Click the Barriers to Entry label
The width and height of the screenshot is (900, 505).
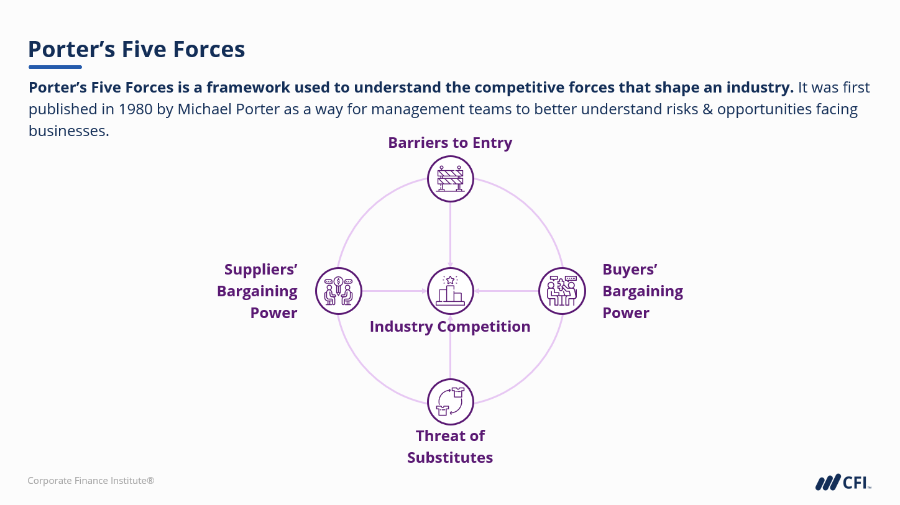pyautogui.click(x=450, y=143)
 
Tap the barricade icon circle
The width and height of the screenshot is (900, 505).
pyautogui.click(x=451, y=179)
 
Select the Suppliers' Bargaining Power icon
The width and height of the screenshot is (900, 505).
pyautogui.click(x=339, y=291)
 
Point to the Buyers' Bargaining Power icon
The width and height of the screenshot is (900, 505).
pyautogui.click(x=562, y=291)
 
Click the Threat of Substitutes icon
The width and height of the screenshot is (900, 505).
pyautogui.click(x=451, y=402)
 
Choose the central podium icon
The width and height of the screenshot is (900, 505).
pyautogui.click(x=451, y=291)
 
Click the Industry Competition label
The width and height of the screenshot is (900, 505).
pyautogui.click(x=450, y=327)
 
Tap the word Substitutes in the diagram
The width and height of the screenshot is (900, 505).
pyautogui.click(x=450, y=458)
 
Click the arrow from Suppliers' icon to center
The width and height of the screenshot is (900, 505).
pyautogui.click(x=395, y=291)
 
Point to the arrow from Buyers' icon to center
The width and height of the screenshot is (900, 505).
pyautogui.click(x=506, y=291)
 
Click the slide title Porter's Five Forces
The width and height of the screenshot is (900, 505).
pyautogui.click(x=137, y=49)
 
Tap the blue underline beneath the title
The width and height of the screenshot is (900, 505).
pyautogui.click(x=55, y=67)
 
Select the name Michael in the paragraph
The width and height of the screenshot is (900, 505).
pyautogui.click(x=204, y=109)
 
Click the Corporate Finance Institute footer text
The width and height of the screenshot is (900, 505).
pyautogui.click(x=91, y=481)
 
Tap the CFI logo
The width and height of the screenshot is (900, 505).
pyautogui.click(x=843, y=482)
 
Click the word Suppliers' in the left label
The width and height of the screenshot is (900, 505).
pyautogui.click(x=260, y=270)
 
